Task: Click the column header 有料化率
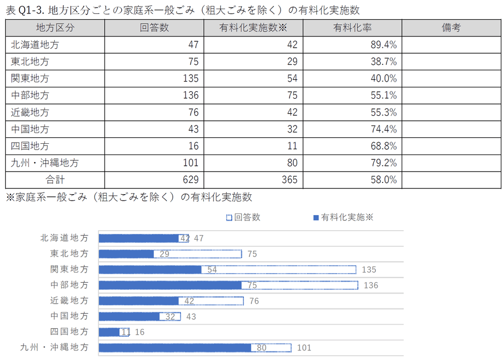352,28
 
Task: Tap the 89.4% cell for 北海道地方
383,45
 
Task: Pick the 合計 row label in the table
55,180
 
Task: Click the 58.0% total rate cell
383,180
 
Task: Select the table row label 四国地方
30,146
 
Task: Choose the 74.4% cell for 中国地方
383,129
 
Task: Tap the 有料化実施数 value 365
289,180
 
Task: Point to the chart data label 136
370,285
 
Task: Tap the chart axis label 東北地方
69,254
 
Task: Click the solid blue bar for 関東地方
150,269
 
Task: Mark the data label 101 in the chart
303,348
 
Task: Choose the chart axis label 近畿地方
69,301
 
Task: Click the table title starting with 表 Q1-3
182,10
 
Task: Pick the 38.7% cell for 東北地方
383,62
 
